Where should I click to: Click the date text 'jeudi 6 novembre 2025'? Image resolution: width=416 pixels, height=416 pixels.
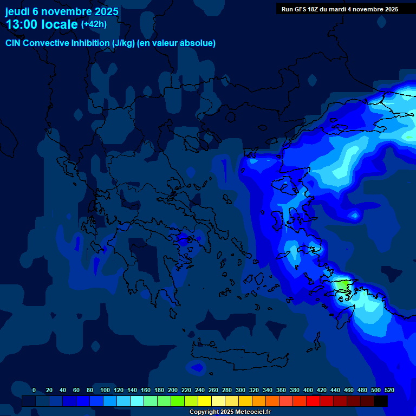(x=62, y=11)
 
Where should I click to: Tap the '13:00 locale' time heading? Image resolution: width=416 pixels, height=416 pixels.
(x=42, y=24)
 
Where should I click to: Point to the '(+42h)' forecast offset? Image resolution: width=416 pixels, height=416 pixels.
(x=94, y=24)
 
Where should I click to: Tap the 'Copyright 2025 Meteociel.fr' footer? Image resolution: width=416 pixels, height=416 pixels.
(x=229, y=412)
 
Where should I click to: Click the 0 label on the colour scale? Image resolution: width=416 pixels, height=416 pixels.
(x=34, y=390)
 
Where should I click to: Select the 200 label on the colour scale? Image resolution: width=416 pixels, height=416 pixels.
(x=173, y=390)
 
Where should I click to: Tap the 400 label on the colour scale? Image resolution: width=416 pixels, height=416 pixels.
(x=308, y=390)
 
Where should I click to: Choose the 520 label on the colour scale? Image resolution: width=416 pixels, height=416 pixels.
(x=389, y=390)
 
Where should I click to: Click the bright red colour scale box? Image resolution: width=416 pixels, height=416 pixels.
(x=313, y=401)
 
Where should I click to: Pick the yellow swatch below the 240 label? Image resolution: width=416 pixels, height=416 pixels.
(x=205, y=401)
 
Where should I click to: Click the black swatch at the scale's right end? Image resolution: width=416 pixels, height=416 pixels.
(x=381, y=401)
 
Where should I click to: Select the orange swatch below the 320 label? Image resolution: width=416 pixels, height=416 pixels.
(x=259, y=401)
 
